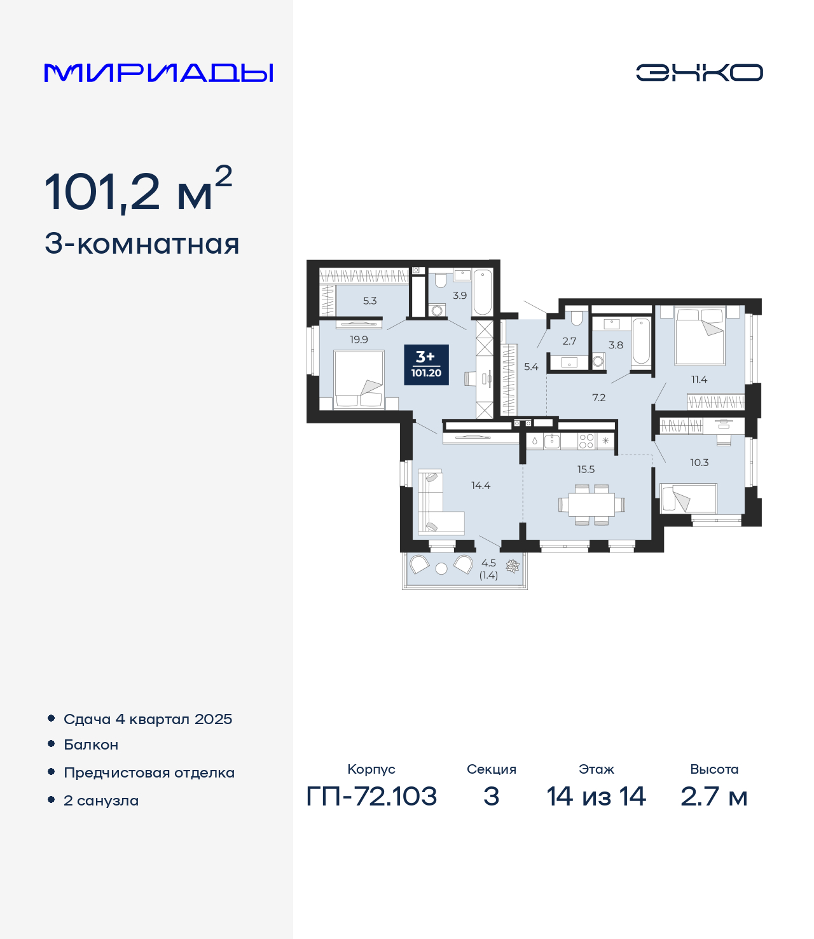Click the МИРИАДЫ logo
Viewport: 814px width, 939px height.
(x=158, y=73)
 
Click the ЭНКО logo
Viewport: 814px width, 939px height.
(x=699, y=72)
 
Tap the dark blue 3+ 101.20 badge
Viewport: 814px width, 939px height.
(x=426, y=365)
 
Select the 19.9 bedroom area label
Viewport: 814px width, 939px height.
(x=359, y=339)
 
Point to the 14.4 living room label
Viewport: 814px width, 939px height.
(x=481, y=485)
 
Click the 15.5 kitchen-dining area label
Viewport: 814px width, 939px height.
(x=586, y=469)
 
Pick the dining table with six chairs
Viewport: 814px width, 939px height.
(x=592, y=505)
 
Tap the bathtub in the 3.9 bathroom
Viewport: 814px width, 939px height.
(x=483, y=292)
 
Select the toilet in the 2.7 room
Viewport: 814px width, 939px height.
(x=577, y=318)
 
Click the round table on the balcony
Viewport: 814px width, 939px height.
(x=441, y=568)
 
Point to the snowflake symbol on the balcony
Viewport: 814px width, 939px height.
(x=513, y=566)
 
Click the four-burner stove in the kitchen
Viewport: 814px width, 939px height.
(x=586, y=441)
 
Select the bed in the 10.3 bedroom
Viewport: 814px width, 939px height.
(x=689, y=499)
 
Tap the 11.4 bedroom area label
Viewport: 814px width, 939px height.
(x=699, y=380)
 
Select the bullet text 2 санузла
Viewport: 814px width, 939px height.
(x=101, y=800)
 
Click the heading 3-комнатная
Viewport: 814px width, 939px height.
(x=142, y=244)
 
